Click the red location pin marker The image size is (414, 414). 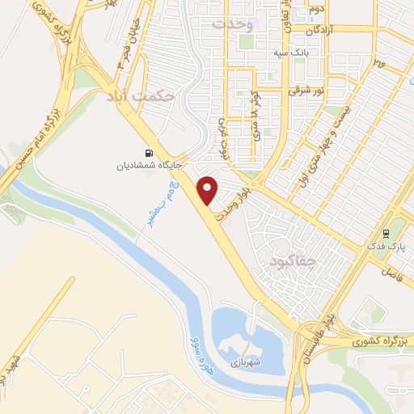tap(209, 191)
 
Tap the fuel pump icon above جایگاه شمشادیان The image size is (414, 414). tap(147, 153)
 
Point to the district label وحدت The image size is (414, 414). tap(233, 24)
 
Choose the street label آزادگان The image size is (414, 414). tap(326, 30)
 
